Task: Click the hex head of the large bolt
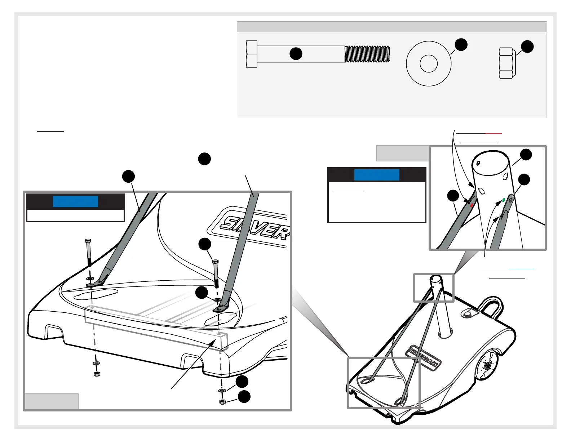[x=252, y=54]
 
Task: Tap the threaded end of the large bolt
[x=367, y=54]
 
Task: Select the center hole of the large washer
[x=429, y=64]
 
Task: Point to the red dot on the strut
[x=472, y=205]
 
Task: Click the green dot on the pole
[x=504, y=200]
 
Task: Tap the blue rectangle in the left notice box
[x=75, y=202]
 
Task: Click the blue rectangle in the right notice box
[x=377, y=175]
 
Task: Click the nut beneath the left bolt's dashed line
[x=97, y=374]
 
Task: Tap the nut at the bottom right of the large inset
[x=222, y=402]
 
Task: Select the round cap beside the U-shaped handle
[x=468, y=315]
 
